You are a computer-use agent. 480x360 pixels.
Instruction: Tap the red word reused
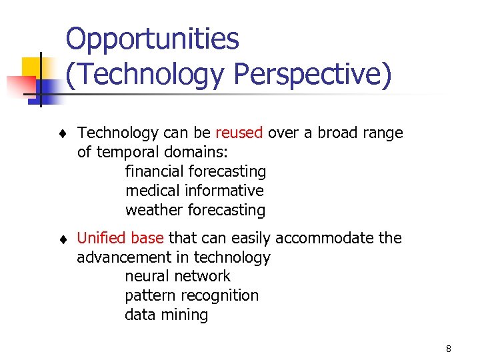pyautogui.click(x=239, y=133)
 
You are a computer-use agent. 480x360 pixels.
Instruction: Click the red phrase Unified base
pyautogui.click(x=121, y=238)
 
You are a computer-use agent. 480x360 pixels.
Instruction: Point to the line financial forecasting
pyautogui.click(x=195, y=171)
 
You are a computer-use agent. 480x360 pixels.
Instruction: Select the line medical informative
pyautogui.click(x=194, y=191)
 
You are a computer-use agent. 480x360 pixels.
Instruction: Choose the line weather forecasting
pyautogui.click(x=195, y=210)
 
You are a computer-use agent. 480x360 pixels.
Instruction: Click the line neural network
pyautogui.click(x=177, y=276)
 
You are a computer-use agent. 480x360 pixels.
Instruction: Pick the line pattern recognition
pyautogui.click(x=191, y=295)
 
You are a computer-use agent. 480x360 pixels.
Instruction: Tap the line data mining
pyautogui.click(x=166, y=315)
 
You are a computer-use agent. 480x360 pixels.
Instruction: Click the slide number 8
pyautogui.click(x=449, y=349)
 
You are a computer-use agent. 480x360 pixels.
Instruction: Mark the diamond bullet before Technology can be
pyautogui.click(x=61, y=133)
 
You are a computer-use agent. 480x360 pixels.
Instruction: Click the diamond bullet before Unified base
pyautogui.click(x=61, y=239)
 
